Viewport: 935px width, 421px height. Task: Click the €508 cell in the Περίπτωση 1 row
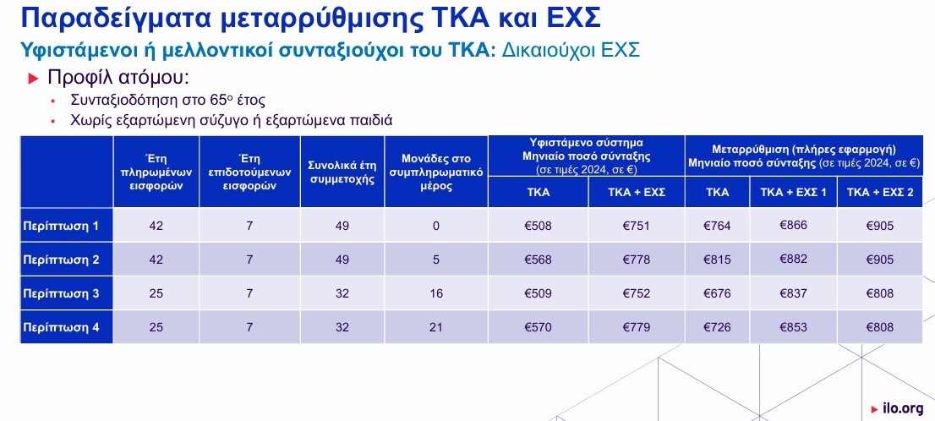point(538,226)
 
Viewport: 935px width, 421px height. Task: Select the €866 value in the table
point(793,225)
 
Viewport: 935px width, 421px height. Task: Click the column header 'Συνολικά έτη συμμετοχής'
point(342,173)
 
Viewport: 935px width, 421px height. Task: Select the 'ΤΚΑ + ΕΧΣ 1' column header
point(792,193)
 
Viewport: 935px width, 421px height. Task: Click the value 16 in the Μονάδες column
point(436,293)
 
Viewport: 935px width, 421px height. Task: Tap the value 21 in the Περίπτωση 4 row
point(436,327)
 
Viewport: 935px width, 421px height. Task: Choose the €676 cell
point(717,293)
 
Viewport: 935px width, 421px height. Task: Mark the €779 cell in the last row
point(637,327)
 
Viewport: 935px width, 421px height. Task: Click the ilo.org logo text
point(902,408)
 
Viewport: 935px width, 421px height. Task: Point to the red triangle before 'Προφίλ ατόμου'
point(34,79)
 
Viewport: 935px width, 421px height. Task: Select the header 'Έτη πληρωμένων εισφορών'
point(156,172)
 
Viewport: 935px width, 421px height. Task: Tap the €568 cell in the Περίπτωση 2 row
point(538,260)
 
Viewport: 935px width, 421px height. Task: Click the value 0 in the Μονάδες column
point(436,226)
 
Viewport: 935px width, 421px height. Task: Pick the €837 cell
point(793,293)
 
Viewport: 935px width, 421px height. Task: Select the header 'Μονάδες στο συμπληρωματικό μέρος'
point(436,173)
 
